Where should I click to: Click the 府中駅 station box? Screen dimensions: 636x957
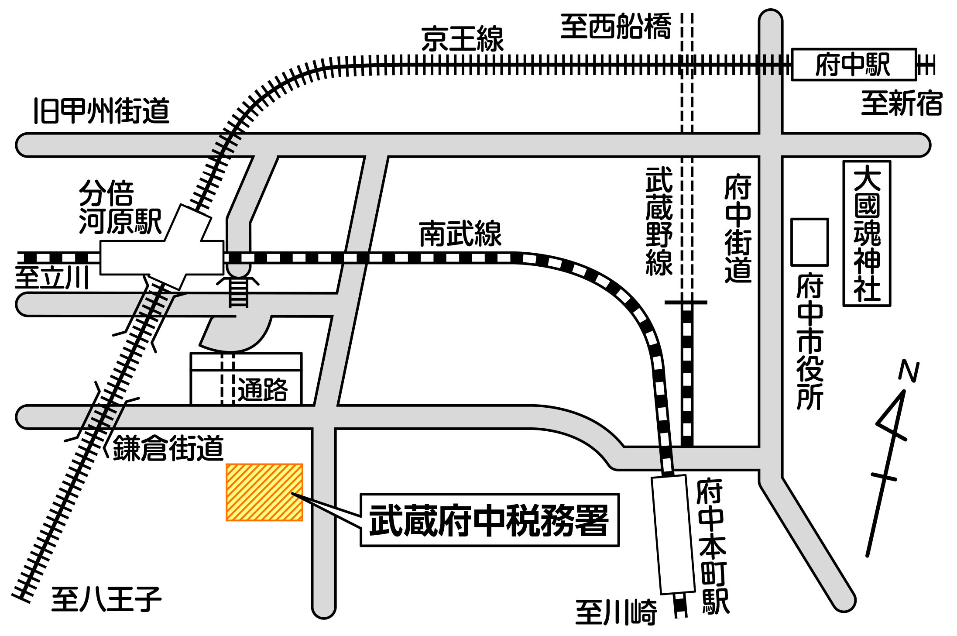854,65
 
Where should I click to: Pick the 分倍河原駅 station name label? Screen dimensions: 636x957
120,207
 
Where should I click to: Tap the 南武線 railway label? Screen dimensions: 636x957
460,234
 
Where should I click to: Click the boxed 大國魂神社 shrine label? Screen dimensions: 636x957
867,234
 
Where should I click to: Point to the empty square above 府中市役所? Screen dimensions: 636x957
810,242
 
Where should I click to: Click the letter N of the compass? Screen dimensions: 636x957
909,371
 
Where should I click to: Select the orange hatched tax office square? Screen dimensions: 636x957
264,492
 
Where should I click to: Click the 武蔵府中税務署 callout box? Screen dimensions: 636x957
489,520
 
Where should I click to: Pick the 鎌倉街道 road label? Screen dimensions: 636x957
168,448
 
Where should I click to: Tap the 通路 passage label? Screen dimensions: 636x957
263,389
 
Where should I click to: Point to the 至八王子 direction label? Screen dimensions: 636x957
106,599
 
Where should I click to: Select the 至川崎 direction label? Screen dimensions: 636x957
616,612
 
